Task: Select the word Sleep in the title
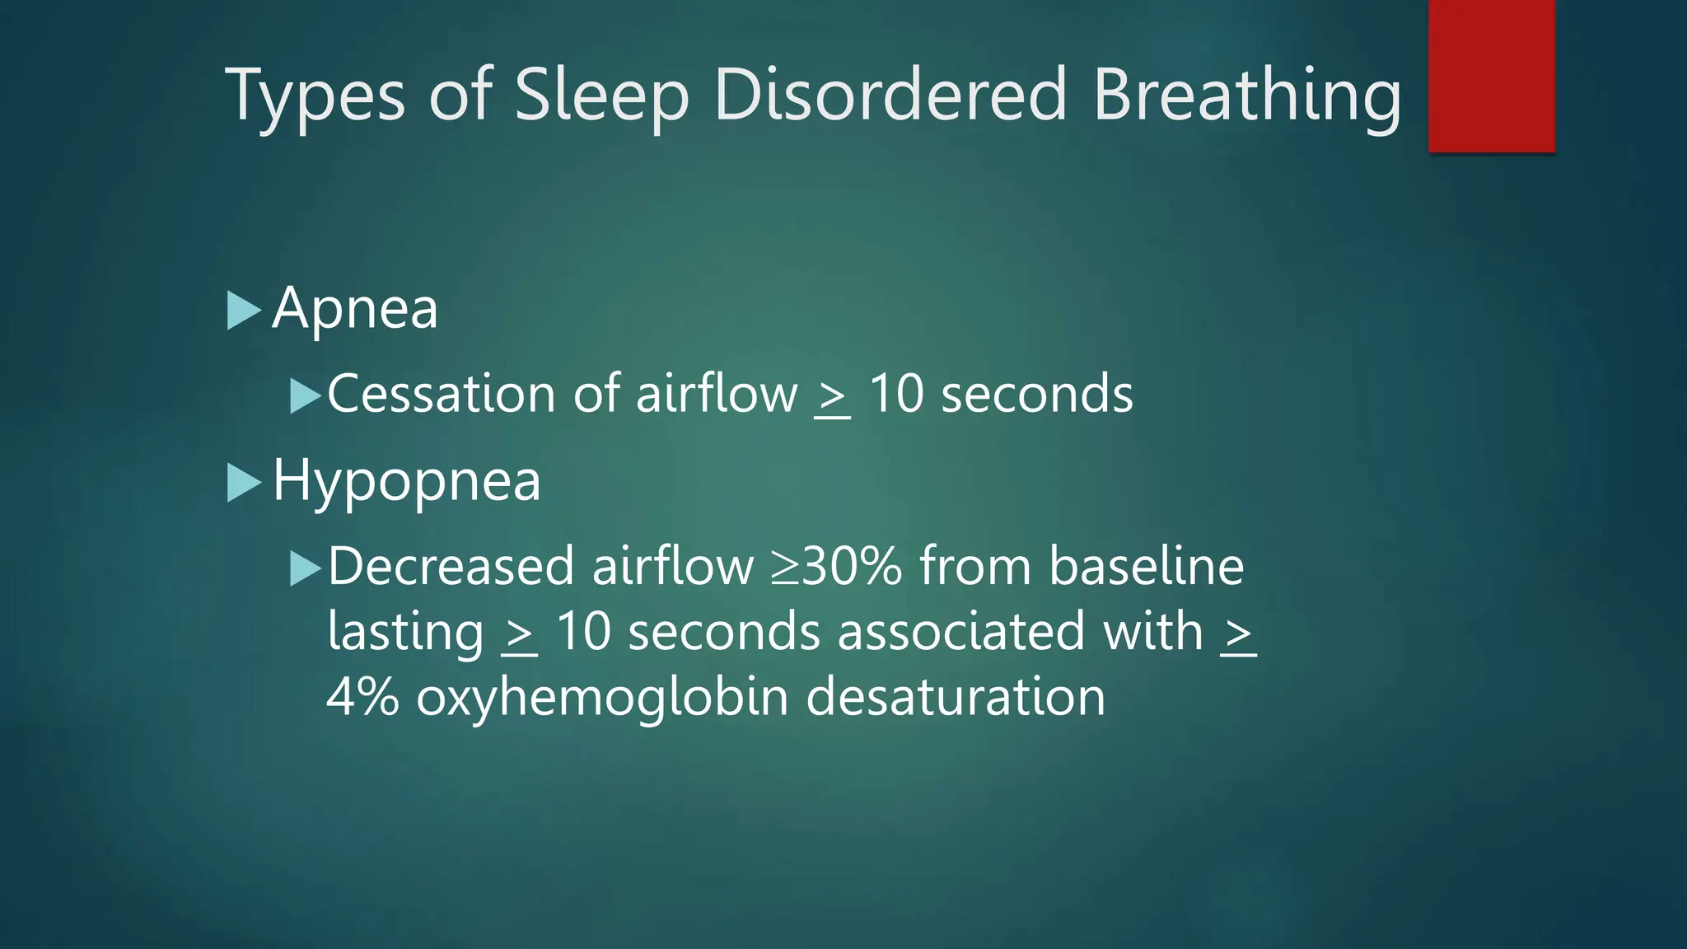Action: (601, 97)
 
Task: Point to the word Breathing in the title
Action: (1247, 97)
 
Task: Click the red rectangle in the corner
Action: (1491, 76)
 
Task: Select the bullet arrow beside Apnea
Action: (243, 311)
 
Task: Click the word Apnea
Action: (355, 310)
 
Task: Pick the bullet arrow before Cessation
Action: (305, 396)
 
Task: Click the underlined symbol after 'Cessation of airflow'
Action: (832, 397)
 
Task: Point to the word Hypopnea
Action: (406, 482)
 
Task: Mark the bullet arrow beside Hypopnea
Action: (243, 483)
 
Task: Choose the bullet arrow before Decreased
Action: (305, 568)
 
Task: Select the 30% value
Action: (852, 567)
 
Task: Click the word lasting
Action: (405, 633)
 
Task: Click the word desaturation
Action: (955, 697)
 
